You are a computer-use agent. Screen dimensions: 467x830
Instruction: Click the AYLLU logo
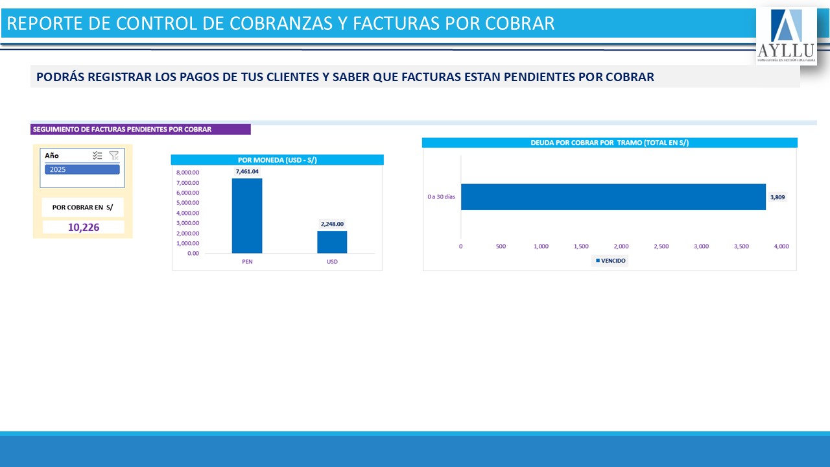786,36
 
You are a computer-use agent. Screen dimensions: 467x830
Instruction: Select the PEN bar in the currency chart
246,215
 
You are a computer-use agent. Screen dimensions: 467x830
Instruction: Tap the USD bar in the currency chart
332,242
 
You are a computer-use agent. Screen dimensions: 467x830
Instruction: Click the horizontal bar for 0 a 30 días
613,197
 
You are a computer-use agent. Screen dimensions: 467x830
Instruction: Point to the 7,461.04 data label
247,171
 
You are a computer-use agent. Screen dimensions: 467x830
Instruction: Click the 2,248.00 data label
332,224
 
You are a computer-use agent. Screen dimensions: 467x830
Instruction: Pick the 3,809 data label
777,197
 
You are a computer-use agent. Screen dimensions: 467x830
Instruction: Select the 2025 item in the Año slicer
82,169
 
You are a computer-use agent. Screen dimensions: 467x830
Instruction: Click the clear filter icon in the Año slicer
114,156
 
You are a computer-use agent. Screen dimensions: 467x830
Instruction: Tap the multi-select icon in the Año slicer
97,156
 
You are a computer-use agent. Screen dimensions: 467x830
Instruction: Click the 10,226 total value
83,227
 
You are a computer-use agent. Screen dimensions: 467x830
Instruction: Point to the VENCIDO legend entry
610,261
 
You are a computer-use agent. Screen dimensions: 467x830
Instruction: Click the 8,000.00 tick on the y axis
187,173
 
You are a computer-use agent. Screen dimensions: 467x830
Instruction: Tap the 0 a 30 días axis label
442,197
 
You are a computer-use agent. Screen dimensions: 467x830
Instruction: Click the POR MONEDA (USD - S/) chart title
277,160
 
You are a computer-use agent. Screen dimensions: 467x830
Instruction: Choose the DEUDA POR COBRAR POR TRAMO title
609,143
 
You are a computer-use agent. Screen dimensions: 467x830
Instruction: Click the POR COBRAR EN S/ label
82,208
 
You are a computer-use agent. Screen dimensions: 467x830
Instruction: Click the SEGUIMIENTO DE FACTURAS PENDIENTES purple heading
122,129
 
